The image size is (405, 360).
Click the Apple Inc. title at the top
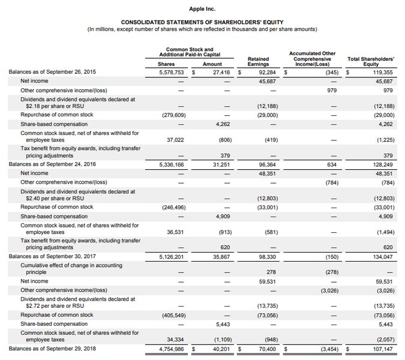202,10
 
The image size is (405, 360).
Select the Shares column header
166,64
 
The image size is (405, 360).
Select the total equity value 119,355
380,72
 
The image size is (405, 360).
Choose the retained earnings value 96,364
265,163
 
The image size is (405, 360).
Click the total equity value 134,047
380,256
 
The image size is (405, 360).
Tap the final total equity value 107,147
380,347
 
